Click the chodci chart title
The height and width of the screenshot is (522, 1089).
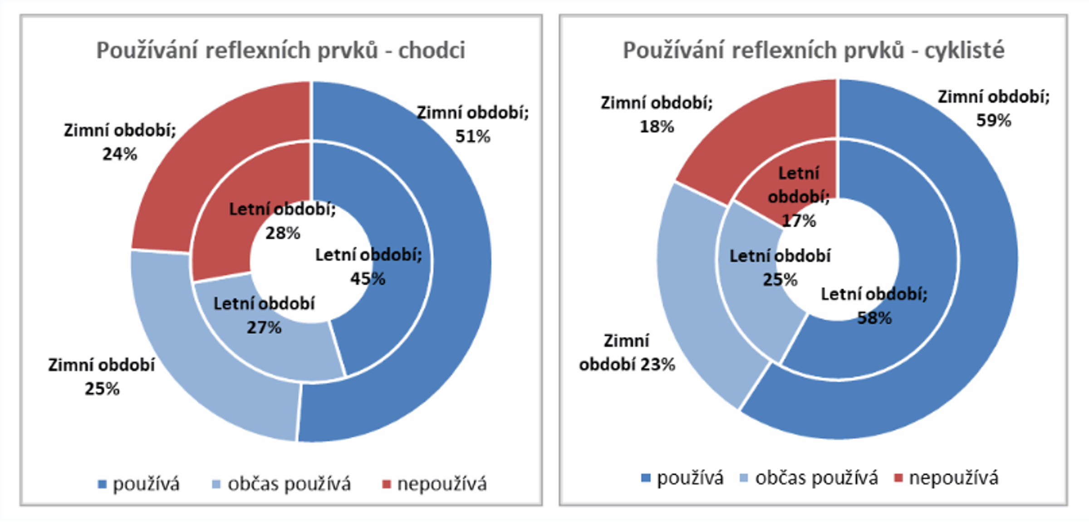click(x=280, y=50)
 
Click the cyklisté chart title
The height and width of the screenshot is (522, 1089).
click(x=813, y=50)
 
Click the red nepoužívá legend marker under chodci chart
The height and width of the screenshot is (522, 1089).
click(x=387, y=484)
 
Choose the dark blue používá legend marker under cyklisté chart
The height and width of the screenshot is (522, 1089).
click(x=645, y=478)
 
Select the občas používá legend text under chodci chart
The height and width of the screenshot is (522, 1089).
click(x=289, y=484)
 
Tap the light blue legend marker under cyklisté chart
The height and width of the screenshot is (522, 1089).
click(x=744, y=478)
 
